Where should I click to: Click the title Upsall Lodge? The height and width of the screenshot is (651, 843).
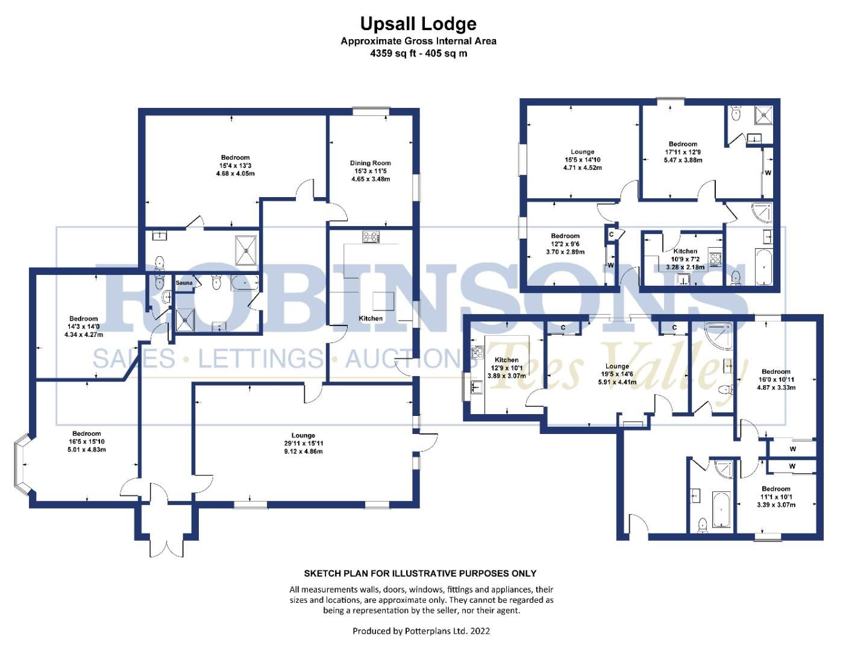(418, 24)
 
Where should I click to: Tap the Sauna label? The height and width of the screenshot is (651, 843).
(184, 283)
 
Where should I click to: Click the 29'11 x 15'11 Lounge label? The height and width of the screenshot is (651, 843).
(303, 443)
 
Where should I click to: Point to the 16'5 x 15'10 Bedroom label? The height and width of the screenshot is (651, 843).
(86, 441)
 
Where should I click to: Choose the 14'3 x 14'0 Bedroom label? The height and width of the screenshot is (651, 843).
(83, 326)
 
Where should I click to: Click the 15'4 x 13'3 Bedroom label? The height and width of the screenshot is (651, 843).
(235, 165)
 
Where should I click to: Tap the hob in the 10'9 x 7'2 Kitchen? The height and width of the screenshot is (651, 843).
(715, 260)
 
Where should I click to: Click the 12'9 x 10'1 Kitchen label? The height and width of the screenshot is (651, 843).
(506, 368)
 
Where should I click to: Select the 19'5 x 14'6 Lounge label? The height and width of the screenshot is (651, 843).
(617, 374)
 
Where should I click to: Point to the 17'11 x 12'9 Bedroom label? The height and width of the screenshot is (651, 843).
(683, 152)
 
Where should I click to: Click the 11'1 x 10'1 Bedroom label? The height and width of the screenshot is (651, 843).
(776, 497)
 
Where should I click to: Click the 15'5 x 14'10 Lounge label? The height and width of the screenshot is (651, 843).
(582, 160)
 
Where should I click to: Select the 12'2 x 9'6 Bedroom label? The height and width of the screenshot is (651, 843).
(565, 244)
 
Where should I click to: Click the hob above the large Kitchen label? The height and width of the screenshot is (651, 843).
(371, 237)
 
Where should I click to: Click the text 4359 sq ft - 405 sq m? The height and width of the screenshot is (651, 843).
(418, 53)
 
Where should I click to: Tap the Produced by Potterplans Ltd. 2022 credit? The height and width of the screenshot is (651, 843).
(421, 631)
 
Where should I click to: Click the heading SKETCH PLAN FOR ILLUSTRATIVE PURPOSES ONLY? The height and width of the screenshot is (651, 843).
(420, 573)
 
